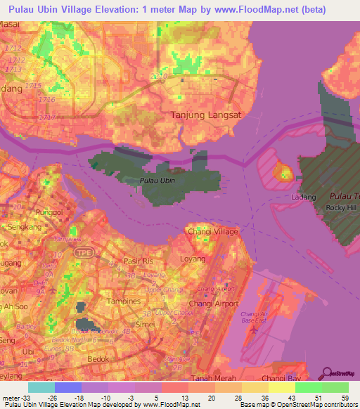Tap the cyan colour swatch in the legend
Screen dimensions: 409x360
(41, 387)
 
